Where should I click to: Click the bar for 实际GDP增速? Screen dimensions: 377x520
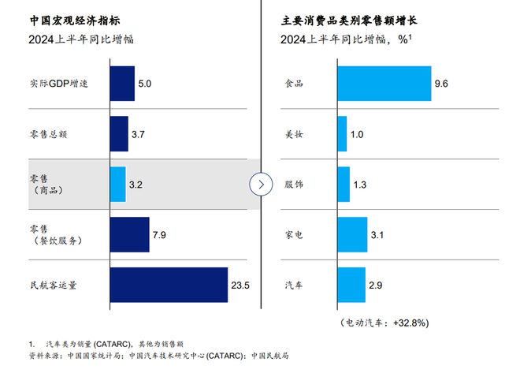pos(121,84)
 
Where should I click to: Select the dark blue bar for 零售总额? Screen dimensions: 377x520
pos(118,134)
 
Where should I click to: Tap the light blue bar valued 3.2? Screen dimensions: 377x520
pos(117,185)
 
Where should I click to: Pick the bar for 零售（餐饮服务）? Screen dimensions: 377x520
pos(129,234)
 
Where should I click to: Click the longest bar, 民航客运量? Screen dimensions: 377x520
pos(169,285)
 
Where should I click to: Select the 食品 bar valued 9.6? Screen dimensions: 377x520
pos(384,84)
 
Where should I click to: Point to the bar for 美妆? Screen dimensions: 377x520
pos(342,134)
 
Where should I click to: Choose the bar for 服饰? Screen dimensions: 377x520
pos(344,185)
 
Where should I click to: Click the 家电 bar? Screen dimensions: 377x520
pos(352,234)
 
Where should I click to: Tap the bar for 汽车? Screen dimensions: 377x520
pos(351,285)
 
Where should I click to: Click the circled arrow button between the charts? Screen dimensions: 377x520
pos(261,185)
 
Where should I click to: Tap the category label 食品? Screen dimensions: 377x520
pos(293,84)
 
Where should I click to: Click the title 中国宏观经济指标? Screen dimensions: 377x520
pos(64,18)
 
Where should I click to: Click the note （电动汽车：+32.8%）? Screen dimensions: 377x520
pos(384,323)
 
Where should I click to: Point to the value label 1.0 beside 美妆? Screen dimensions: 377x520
pos(356,135)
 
